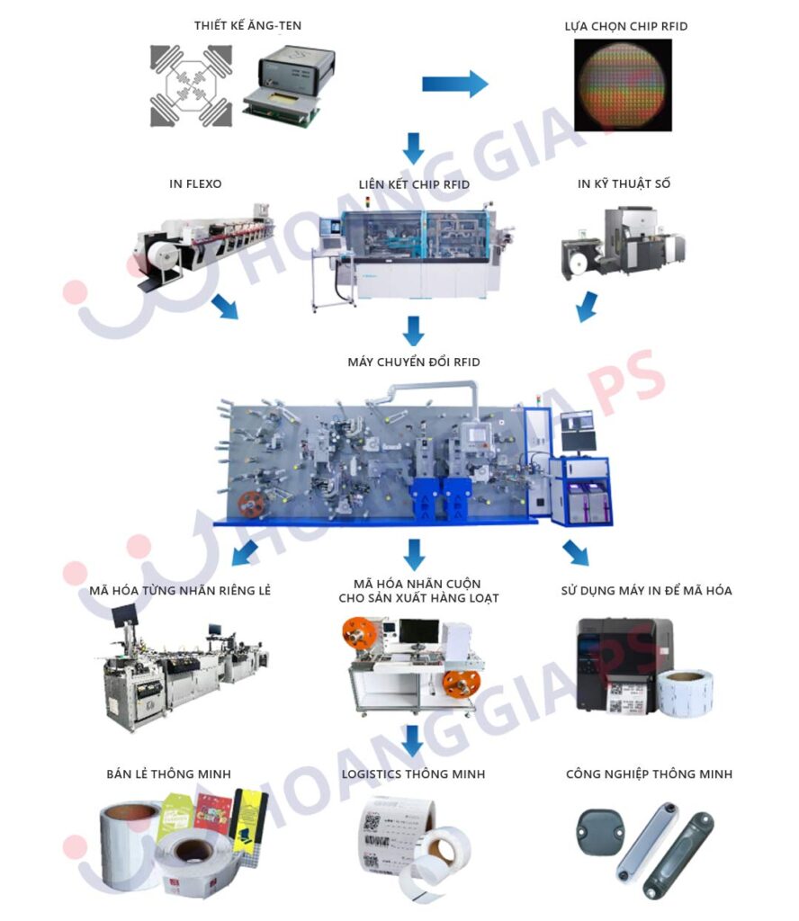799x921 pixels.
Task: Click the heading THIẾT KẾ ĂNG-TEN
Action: pyautogui.click(x=247, y=25)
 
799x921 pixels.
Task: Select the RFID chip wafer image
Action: pyautogui.click(x=623, y=85)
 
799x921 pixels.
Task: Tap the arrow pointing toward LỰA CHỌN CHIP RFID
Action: pyautogui.click(x=454, y=84)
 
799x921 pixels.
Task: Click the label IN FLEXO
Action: pyautogui.click(x=195, y=183)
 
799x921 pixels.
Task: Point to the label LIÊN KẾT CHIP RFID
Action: pyautogui.click(x=414, y=183)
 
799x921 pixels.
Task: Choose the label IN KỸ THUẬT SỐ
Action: pyautogui.click(x=624, y=183)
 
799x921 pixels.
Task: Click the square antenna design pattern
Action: pyautogui.click(x=191, y=85)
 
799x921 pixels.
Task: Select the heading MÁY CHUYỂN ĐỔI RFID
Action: pyautogui.click(x=414, y=362)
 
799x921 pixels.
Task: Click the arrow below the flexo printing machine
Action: pyautogui.click(x=225, y=306)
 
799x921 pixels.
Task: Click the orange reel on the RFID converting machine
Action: pyautogui.click(x=252, y=505)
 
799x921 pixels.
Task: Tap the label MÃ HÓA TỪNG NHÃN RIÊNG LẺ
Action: pyautogui.click(x=180, y=590)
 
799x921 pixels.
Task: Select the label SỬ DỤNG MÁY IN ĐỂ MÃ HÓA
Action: pyautogui.click(x=646, y=590)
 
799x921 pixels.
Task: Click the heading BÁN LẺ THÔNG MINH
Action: pyautogui.click(x=168, y=773)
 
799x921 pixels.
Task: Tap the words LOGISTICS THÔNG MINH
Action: pyautogui.click(x=414, y=773)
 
